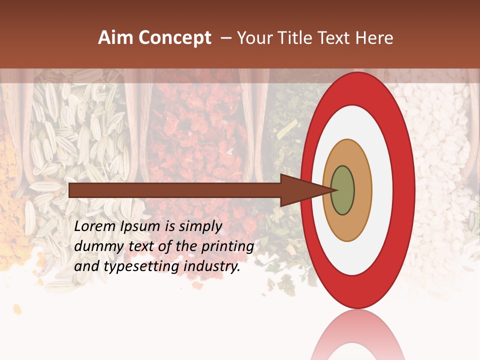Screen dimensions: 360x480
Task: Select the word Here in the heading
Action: (375, 38)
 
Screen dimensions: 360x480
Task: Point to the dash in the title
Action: (226, 38)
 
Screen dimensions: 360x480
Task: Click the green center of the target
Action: (343, 190)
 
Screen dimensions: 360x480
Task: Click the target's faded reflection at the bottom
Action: (357, 335)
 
